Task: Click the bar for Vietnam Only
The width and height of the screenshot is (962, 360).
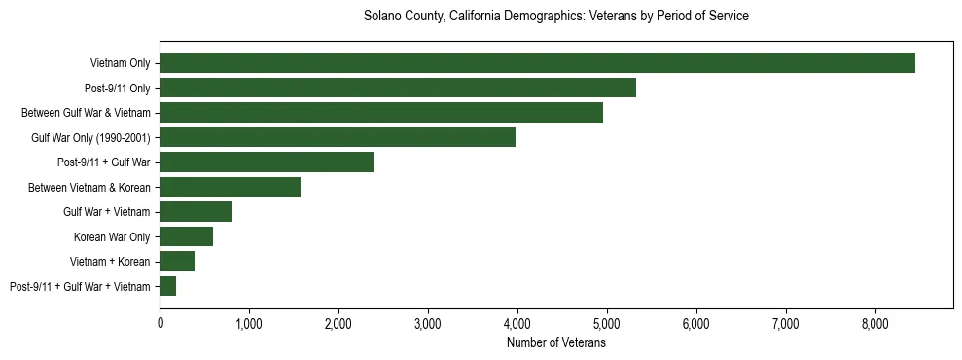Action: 537,63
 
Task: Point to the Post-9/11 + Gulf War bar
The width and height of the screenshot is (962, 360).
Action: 267,162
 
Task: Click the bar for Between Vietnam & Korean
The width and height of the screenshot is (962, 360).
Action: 231,187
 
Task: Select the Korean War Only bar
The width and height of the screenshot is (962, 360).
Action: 187,236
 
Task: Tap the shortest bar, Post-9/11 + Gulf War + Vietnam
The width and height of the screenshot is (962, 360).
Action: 168,286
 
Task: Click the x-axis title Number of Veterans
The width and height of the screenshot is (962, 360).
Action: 556,343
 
